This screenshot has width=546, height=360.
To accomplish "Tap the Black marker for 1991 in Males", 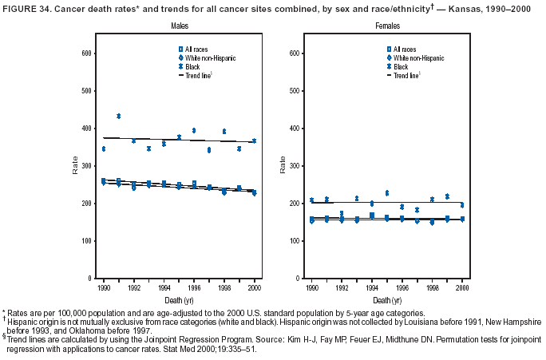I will click(x=118, y=117).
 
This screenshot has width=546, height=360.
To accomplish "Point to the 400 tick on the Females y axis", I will click(x=290, y=128).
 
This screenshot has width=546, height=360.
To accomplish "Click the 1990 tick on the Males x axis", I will click(x=103, y=286).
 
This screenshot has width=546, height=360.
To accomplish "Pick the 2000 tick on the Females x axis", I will click(x=463, y=286).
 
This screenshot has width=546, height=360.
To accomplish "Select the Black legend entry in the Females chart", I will click(x=400, y=66).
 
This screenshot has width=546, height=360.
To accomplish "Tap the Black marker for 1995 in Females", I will click(x=387, y=193).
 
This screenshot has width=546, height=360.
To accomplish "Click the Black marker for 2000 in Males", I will click(x=255, y=140).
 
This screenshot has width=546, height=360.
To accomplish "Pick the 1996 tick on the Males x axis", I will click(x=194, y=286).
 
